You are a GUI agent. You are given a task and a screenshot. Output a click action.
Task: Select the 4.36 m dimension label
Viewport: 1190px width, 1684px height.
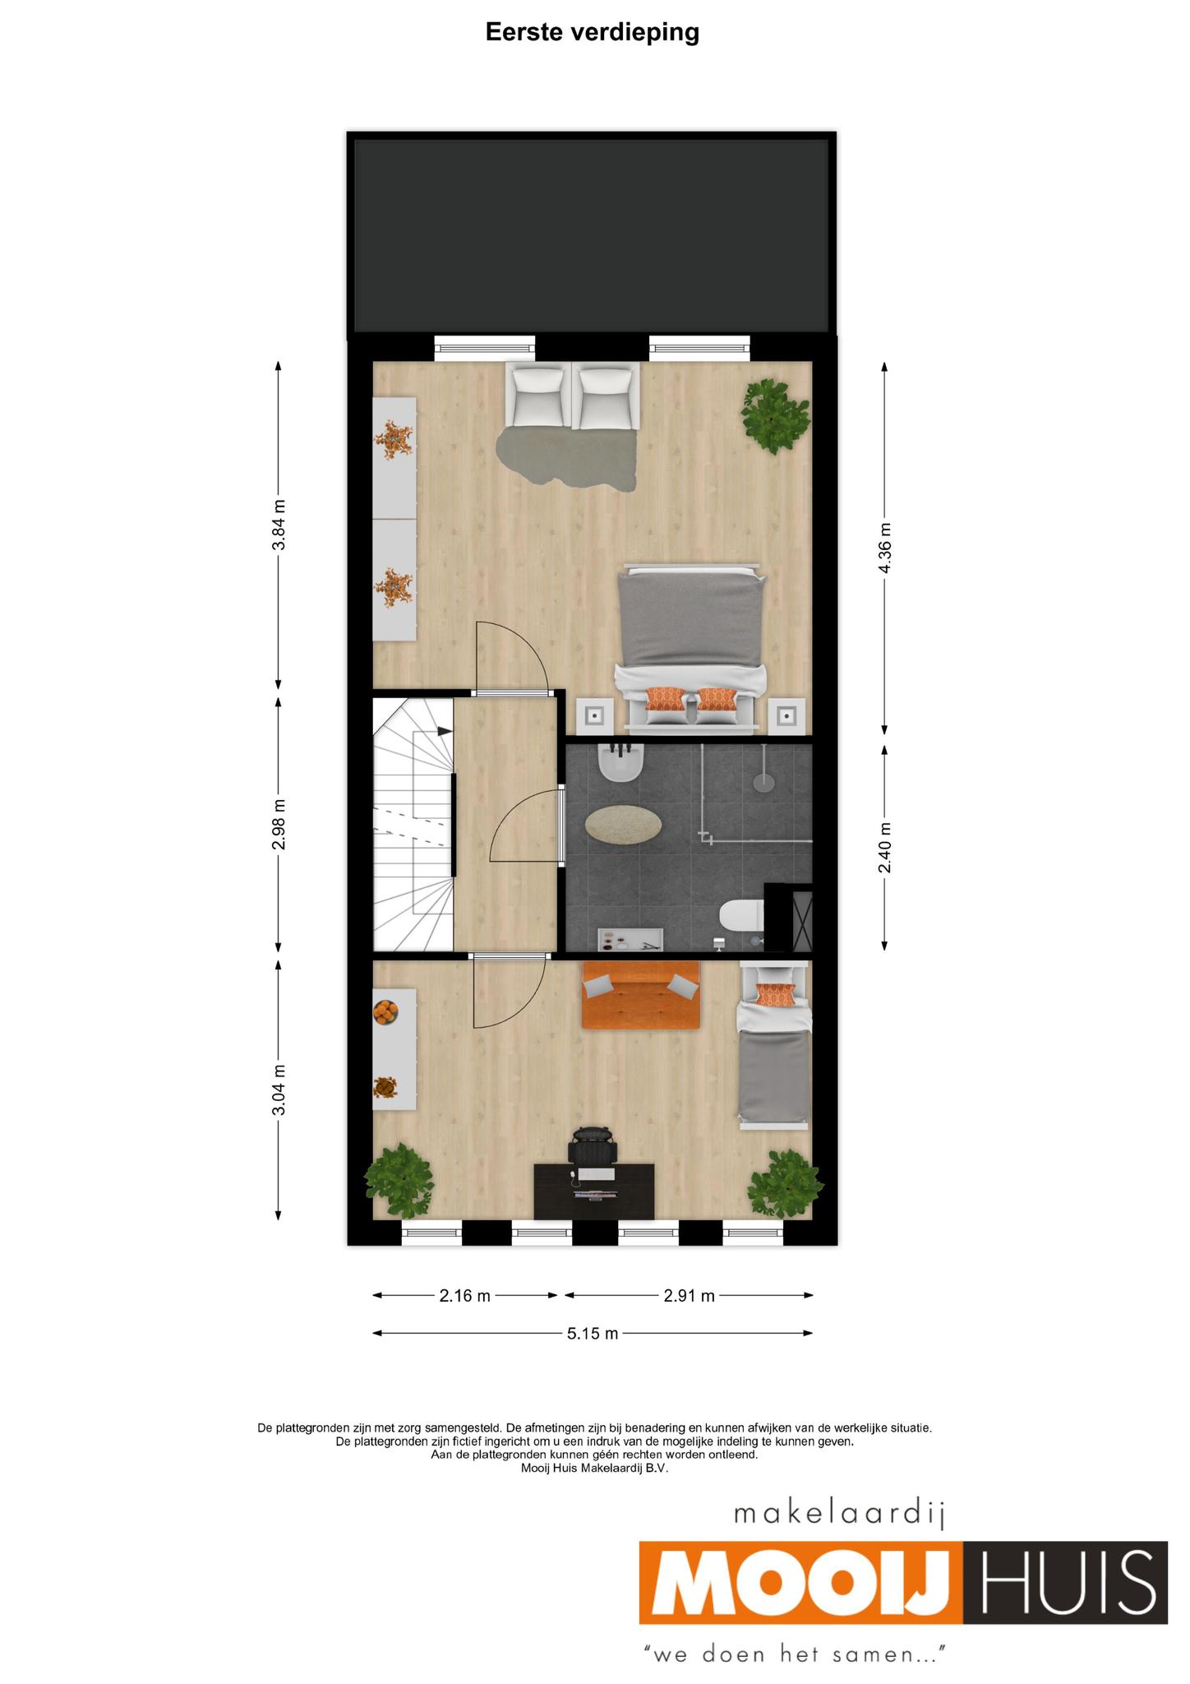coord(885,548)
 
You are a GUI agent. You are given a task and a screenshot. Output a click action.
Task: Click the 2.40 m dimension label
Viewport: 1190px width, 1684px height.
coord(885,848)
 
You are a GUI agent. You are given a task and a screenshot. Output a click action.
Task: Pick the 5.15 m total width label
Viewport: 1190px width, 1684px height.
coord(593,1333)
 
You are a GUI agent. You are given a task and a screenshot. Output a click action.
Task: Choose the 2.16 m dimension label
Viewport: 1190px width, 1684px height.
coord(465,1296)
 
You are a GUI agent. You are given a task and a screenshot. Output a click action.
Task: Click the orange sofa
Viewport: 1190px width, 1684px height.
coord(641,995)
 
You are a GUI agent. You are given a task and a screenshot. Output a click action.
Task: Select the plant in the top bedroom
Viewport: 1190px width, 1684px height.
coord(775,415)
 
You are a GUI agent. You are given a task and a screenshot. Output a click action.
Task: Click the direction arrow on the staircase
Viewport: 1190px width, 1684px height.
coord(445,730)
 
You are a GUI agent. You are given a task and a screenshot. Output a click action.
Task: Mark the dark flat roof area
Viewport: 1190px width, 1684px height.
coord(591,235)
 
